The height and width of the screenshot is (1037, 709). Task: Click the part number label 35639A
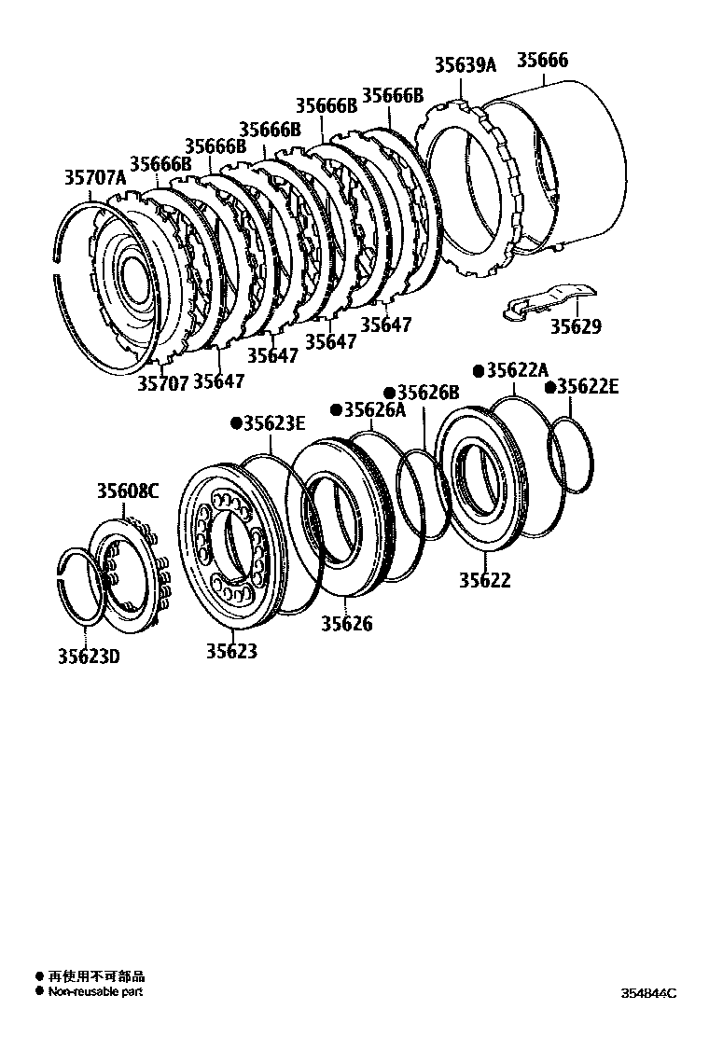(466, 64)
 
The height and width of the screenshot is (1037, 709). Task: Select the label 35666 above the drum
(542, 62)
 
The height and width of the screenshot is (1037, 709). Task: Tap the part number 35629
(575, 327)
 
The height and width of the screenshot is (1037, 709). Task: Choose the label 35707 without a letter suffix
(163, 382)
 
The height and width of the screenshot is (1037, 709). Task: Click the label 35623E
(275, 424)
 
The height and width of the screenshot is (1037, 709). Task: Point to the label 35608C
(129, 491)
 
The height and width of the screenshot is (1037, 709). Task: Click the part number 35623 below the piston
(231, 652)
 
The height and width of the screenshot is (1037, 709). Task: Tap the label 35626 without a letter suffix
(347, 625)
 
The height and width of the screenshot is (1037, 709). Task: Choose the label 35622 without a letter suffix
(484, 580)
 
